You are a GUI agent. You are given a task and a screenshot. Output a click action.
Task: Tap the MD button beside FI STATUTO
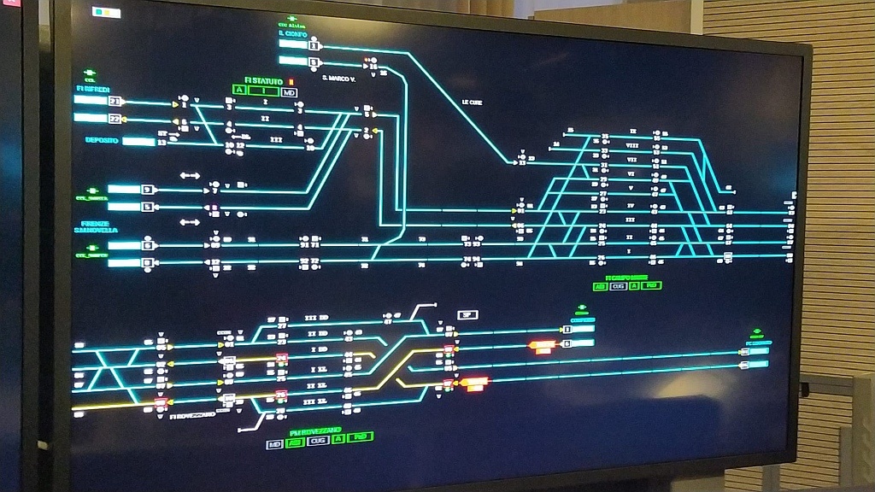290,91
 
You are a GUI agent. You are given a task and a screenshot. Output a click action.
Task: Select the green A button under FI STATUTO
240,91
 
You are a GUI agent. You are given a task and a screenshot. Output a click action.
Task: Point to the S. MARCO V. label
338,79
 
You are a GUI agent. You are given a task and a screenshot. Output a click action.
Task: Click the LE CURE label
473,102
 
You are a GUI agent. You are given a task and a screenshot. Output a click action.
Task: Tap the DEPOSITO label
101,140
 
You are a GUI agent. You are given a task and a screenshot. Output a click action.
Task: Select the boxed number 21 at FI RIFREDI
115,101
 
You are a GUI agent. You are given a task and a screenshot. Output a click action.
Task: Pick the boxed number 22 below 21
115,119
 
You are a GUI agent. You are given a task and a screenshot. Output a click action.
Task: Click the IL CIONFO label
291,33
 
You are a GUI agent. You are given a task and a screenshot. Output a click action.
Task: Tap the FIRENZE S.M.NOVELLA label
93,227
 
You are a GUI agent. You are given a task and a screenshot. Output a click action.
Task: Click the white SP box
467,314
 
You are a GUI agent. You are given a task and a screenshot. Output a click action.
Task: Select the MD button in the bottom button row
274,444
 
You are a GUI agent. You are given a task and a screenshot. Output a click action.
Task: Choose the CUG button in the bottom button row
317,441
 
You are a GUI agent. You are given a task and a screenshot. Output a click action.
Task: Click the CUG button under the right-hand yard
619,286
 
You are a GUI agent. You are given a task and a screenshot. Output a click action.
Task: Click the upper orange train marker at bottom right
542,345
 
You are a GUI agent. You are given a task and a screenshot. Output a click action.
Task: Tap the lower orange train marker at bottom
475,382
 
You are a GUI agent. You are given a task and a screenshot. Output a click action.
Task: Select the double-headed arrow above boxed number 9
190,175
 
